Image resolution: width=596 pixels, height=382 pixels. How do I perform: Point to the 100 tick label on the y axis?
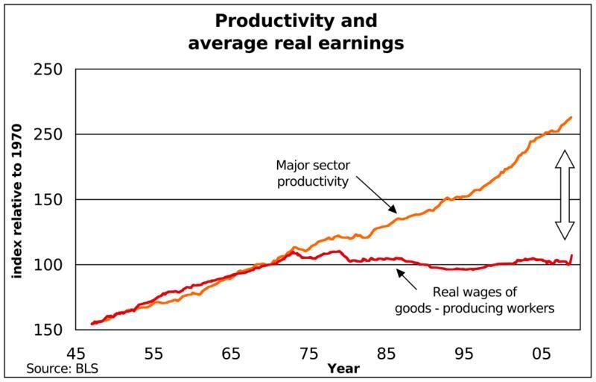[49, 265]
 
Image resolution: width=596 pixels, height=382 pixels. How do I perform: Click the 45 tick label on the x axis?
[76, 354]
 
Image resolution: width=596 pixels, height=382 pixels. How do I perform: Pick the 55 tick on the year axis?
[153, 354]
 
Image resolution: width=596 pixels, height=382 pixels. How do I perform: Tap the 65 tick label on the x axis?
[231, 354]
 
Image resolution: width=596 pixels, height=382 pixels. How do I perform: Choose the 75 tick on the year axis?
[308, 354]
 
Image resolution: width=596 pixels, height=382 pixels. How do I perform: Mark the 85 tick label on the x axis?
[386, 354]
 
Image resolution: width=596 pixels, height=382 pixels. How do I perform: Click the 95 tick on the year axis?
[464, 354]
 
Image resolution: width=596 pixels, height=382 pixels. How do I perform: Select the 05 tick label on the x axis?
[542, 354]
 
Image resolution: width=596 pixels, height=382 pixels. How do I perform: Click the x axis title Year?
[343, 369]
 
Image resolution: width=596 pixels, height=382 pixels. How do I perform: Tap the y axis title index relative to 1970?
[16, 201]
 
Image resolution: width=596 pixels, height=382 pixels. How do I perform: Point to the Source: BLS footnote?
[63, 369]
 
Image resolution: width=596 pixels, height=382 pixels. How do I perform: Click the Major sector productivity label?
[313, 172]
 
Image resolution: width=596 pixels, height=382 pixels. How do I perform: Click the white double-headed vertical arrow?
[565, 195]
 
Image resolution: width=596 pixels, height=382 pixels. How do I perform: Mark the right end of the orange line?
[571, 117]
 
